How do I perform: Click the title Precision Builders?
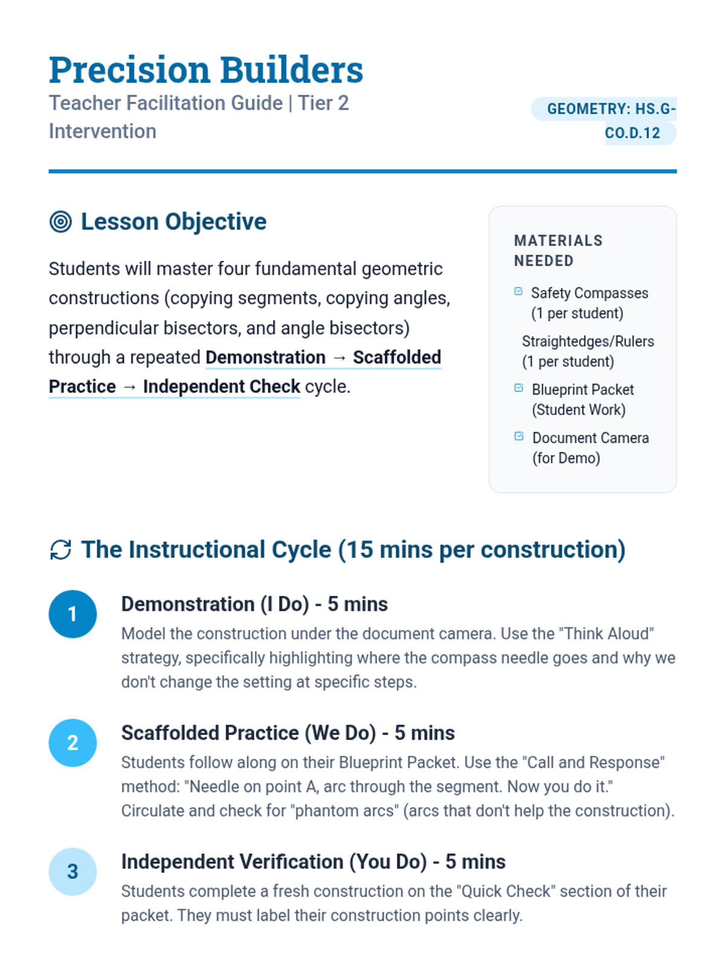(206, 70)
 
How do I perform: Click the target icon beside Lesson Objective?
(60, 222)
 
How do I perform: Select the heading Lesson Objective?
(173, 222)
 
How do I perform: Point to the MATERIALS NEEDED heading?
(558, 251)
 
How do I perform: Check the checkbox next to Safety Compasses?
(518, 292)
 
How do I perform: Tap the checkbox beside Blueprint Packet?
(518, 388)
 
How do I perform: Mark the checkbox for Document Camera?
(518, 437)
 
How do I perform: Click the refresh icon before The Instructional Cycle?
(60, 550)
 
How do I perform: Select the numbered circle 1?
(72, 614)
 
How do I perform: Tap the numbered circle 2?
(72, 743)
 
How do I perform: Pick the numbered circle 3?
(72, 871)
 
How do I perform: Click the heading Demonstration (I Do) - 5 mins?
(254, 604)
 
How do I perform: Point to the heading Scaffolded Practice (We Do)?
(288, 733)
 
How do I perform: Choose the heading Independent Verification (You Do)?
(313, 862)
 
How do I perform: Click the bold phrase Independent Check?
(221, 386)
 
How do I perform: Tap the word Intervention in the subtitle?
(103, 132)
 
